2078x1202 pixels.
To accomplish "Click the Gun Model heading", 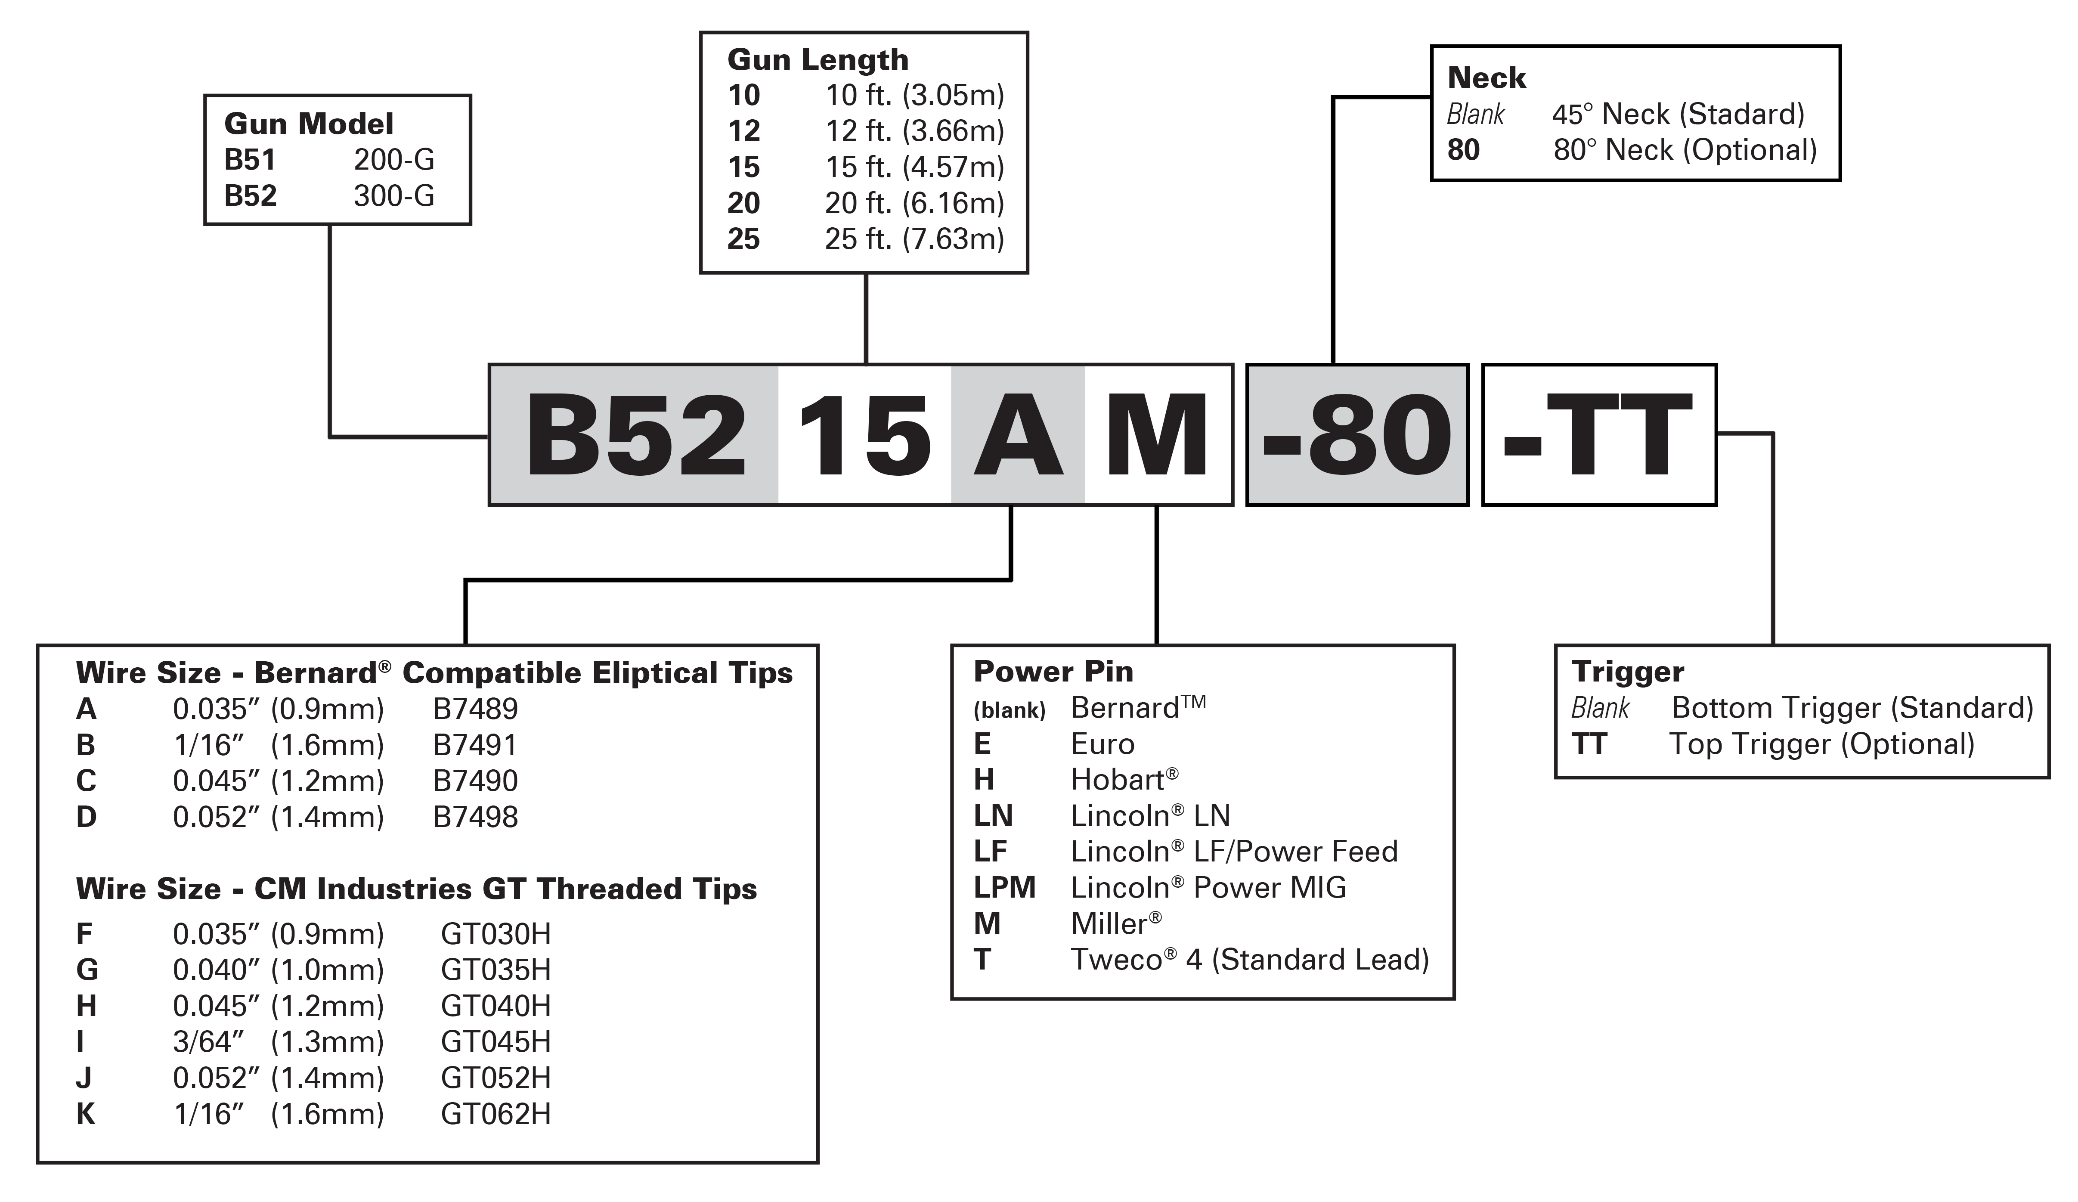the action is click(x=308, y=124).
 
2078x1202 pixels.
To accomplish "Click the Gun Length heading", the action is click(x=818, y=60).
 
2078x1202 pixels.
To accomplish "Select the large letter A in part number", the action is click(x=1019, y=435).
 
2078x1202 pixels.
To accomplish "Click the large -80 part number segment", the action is click(x=1356, y=435).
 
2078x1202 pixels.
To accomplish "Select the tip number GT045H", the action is click(x=495, y=1042).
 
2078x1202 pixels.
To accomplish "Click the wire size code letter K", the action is click(x=86, y=1115).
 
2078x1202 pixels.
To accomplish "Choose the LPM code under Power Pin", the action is click(x=1004, y=888).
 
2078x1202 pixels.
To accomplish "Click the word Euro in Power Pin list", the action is click(x=1102, y=744).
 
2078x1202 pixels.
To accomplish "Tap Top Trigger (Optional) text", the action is click(x=1822, y=744).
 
